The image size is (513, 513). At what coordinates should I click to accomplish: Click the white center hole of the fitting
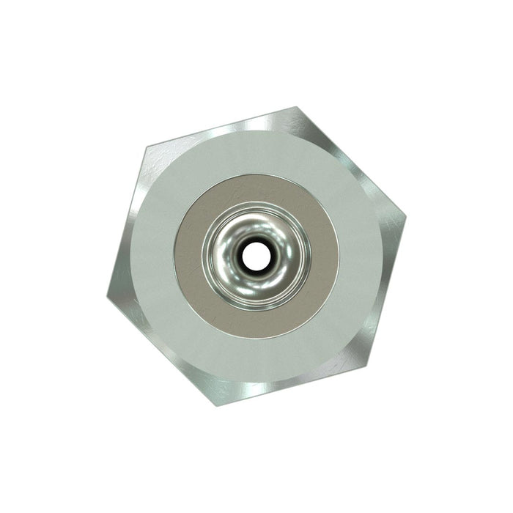tap(256, 256)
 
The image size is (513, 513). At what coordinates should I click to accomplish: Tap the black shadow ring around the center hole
tap(256, 243)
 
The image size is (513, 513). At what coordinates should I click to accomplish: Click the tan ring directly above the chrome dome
tap(256, 188)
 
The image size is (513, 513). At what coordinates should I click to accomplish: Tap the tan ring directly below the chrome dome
tap(256, 322)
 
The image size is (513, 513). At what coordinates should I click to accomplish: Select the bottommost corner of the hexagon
tap(218, 405)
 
